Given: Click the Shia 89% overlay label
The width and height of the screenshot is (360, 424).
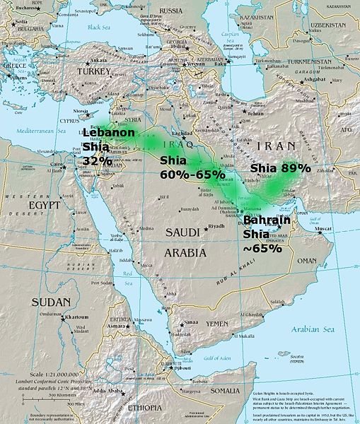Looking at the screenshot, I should [x=281, y=168].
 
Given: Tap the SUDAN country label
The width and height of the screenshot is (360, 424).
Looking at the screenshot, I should [x=51, y=302].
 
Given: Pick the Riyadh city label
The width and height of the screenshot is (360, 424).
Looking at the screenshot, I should [x=216, y=226].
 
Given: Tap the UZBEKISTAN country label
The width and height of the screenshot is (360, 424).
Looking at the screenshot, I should [x=327, y=25].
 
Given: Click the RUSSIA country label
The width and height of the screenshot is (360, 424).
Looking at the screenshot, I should [x=170, y=11].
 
